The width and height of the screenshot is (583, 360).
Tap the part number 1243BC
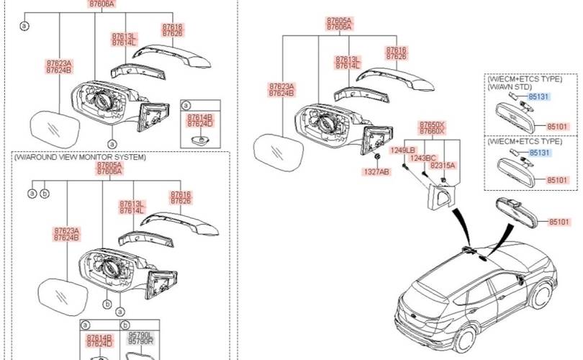pos(423,158)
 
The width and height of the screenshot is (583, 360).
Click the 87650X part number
pos(432,125)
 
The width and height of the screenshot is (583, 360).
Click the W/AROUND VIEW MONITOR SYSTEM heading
pos(78,157)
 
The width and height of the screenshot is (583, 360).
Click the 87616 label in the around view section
pos(181,194)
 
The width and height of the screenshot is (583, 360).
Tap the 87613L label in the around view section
pos(132,204)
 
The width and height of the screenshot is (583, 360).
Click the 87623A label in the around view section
pos(66,230)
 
